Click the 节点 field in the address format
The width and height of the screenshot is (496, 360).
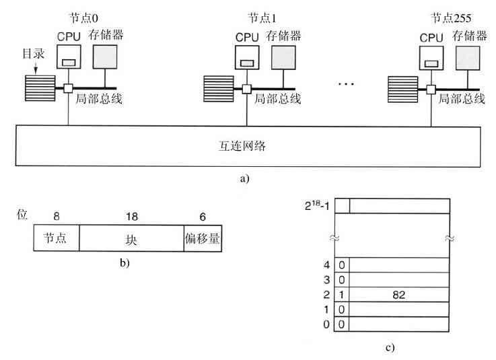57,238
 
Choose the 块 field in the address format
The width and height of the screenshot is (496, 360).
131,238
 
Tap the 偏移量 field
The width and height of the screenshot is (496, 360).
203,238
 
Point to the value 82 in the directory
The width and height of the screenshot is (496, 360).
400,294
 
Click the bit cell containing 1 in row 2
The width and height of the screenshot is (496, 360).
342,294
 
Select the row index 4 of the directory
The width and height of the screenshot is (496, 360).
327,264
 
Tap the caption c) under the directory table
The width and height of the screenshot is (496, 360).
390,347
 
